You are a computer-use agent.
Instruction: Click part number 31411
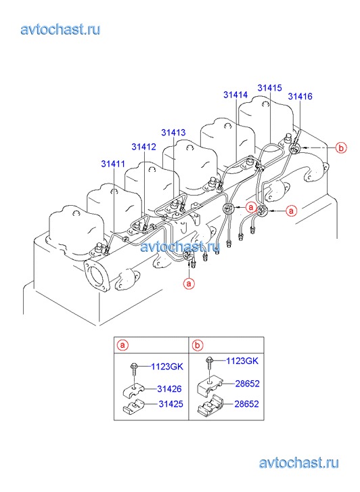[113, 164]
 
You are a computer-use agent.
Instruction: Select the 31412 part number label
[143, 147]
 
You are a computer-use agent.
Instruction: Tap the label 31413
[173, 133]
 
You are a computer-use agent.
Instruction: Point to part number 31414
[235, 95]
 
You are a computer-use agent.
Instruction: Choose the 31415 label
[270, 88]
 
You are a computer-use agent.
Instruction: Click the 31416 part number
[300, 96]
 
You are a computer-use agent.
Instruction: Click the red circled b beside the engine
[341, 148]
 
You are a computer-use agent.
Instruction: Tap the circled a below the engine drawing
[189, 284]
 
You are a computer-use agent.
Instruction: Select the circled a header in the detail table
[123, 345]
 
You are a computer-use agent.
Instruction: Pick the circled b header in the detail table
[198, 345]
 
